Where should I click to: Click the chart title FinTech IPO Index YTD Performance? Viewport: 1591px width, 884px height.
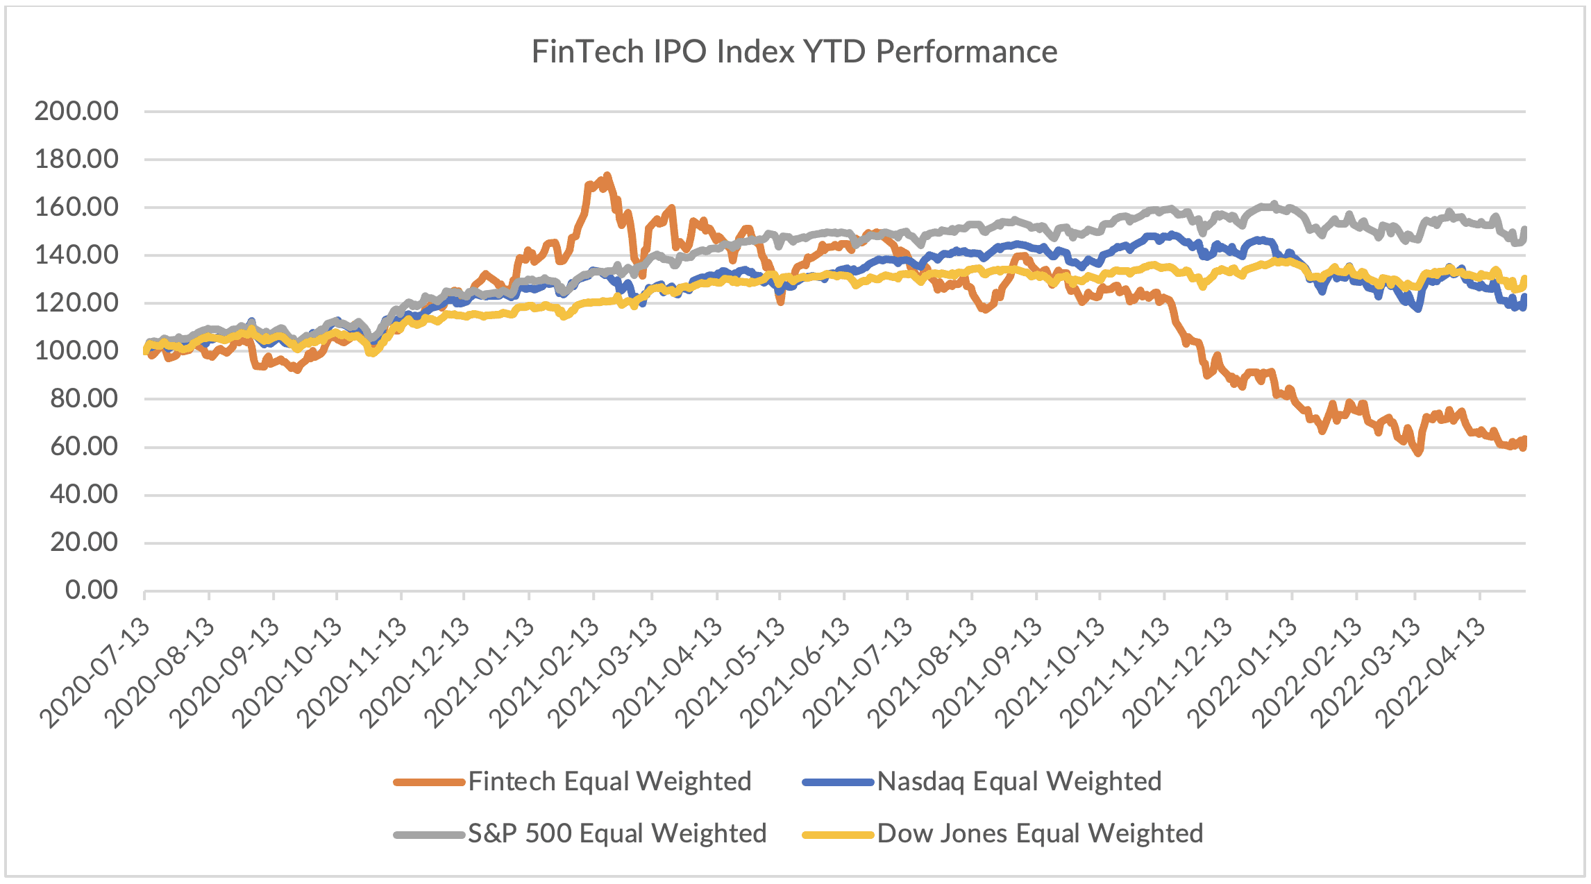pos(794,52)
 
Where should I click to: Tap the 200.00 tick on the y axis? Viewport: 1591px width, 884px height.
pos(76,111)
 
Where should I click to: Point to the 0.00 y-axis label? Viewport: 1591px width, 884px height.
pos(92,590)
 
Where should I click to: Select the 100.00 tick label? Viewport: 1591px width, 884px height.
pos(76,350)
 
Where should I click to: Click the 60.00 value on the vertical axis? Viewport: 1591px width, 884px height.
pos(84,446)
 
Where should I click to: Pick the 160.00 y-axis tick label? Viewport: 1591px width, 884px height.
pos(76,207)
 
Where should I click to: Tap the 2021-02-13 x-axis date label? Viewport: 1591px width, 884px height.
pos(544,673)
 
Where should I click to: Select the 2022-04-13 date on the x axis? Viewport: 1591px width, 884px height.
pos(1431,673)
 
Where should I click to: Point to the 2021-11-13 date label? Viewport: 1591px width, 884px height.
pos(1115,673)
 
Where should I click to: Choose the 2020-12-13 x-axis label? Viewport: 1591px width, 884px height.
pos(415,673)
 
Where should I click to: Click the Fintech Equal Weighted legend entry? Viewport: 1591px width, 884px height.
pos(609,782)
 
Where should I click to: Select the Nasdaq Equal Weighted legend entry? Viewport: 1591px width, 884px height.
pos(1019,782)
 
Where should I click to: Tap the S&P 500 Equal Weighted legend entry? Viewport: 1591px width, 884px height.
pos(617,833)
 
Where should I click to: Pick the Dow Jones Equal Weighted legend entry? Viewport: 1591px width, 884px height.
pos(1040,833)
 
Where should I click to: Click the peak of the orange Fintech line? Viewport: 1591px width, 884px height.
pos(607,176)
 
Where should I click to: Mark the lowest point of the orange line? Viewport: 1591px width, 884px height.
pos(1418,453)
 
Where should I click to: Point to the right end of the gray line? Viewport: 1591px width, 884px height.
pos(1524,230)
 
